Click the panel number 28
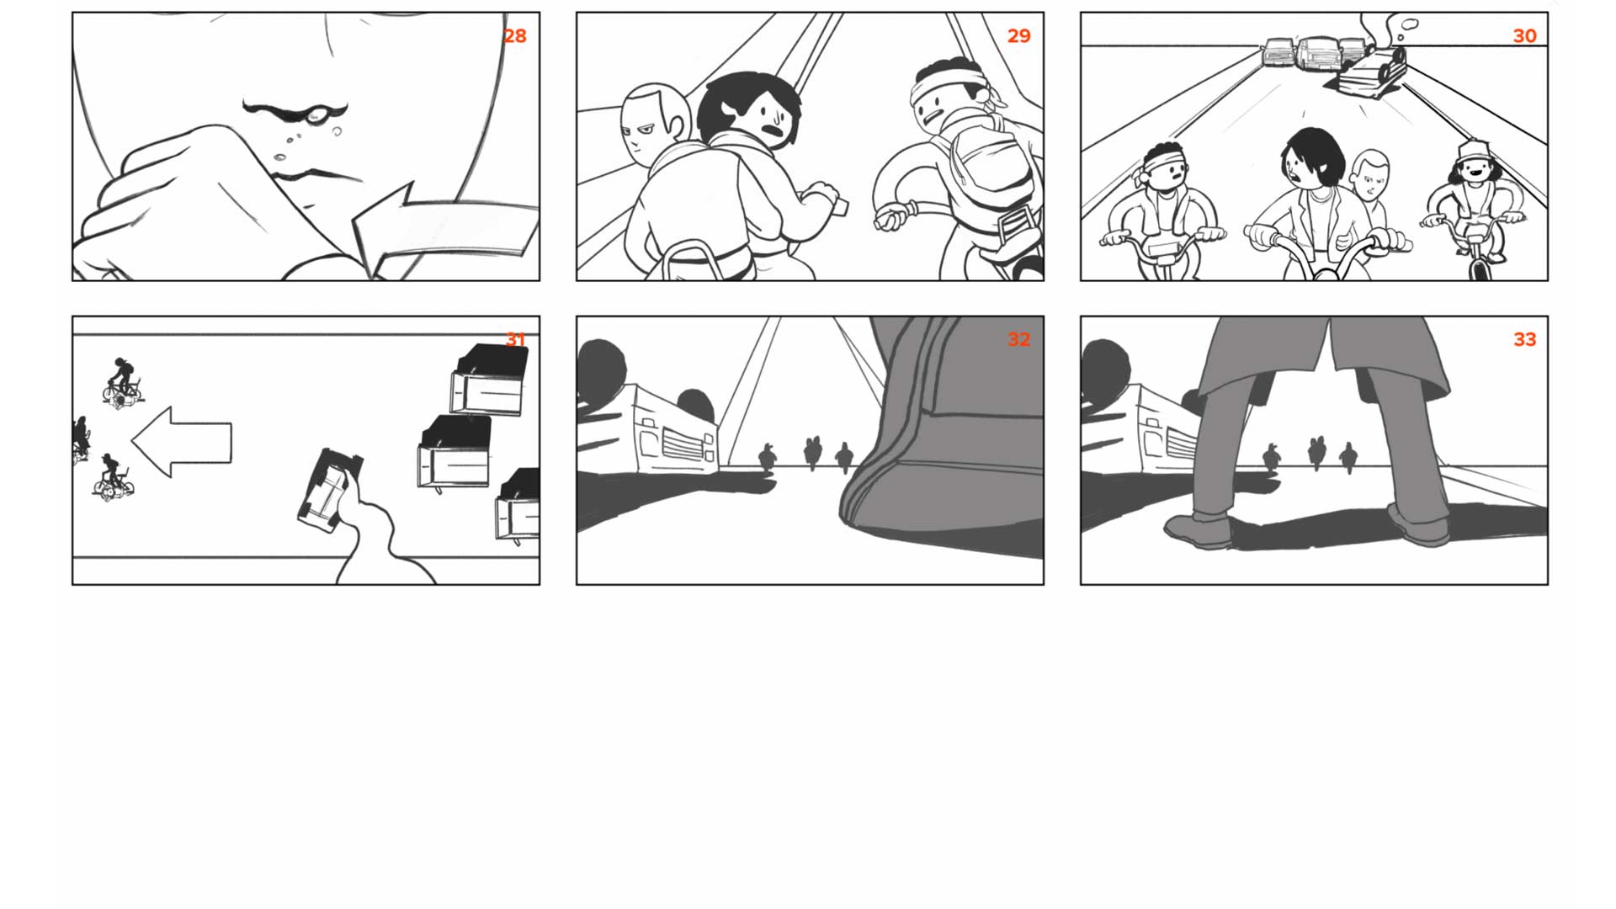pos(514,36)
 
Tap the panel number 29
pos(1018,36)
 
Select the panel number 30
pos(1524,36)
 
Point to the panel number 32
pos(1018,339)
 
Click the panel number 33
pos(1524,339)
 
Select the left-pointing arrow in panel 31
pos(182,442)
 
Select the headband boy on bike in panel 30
pos(1164,211)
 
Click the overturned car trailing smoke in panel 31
pos(330,489)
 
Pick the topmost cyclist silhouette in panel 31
pos(123,383)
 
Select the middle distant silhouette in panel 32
pos(812,453)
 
